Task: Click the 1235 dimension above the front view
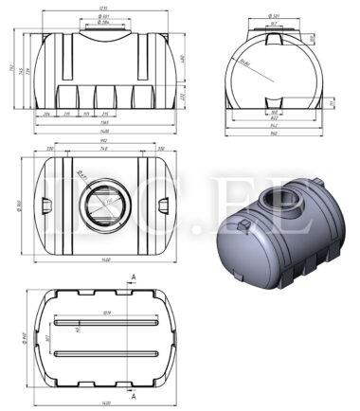tap(103, 9)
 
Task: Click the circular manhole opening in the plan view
tap(101, 204)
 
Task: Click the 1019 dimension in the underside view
tap(105, 313)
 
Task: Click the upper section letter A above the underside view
tap(135, 277)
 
